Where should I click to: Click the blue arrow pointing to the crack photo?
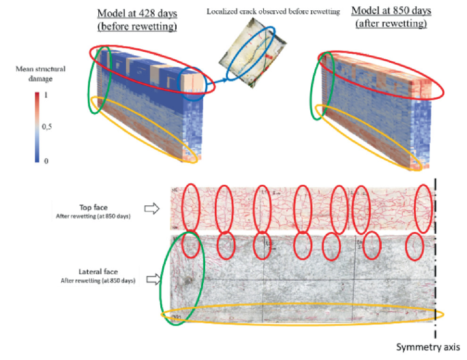click(x=217, y=83)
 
